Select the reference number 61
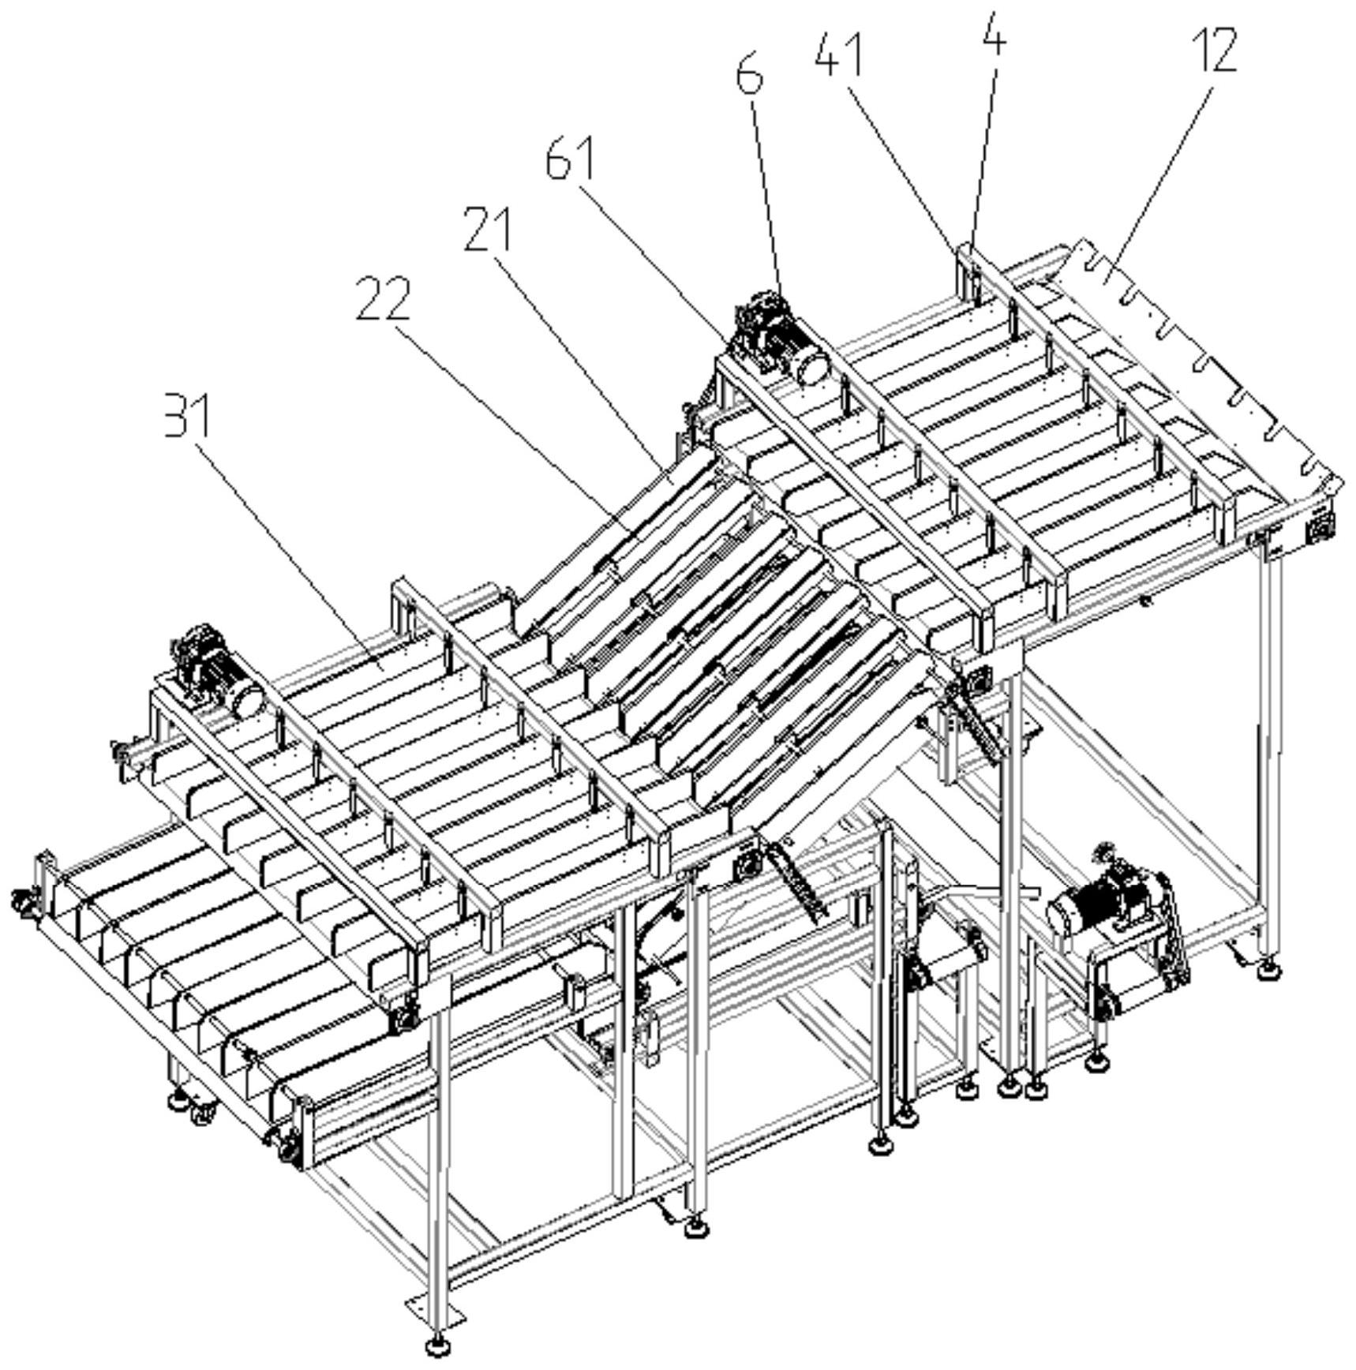[571, 158]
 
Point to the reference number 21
[487, 229]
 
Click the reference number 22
[384, 299]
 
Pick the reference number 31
[187, 415]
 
